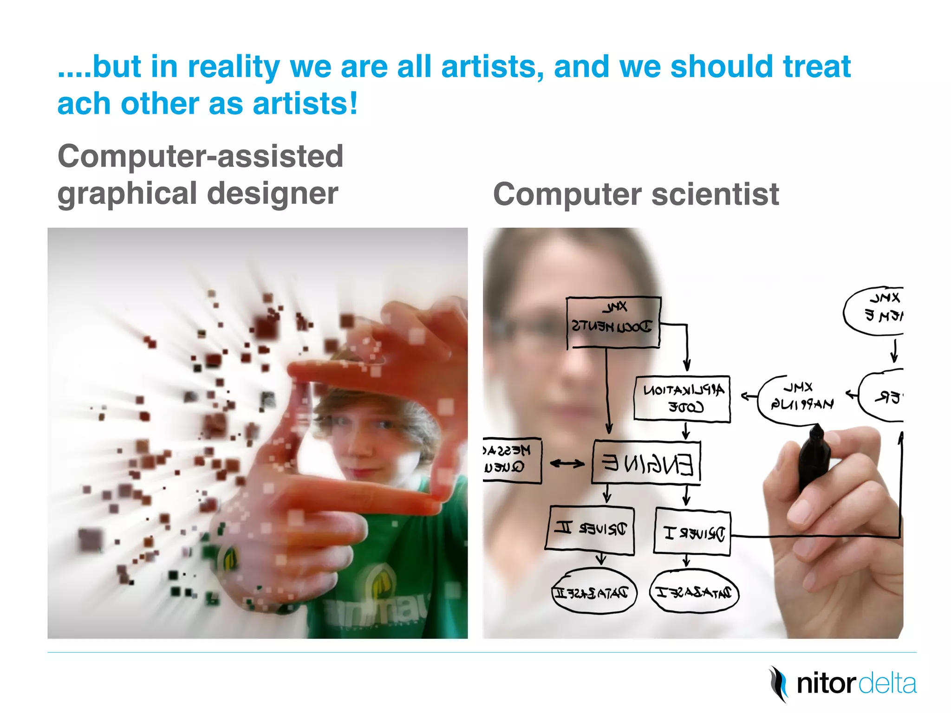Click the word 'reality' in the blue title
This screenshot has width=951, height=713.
click(x=234, y=67)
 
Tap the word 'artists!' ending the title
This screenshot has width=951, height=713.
click(x=305, y=104)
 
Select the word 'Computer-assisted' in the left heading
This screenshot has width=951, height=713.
click(x=200, y=156)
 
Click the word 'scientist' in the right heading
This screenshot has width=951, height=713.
click(x=715, y=194)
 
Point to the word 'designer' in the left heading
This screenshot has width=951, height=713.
click(x=273, y=194)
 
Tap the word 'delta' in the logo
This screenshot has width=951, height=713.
click(x=887, y=684)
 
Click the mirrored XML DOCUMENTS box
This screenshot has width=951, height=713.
click(x=613, y=323)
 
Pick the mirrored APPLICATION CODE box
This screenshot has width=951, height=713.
click(x=682, y=399)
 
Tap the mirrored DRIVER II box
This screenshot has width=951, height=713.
click(x=590, y=530)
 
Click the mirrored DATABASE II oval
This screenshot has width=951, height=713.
click(x=594, y=592)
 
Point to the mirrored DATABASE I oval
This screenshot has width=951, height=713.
click(x=693, y=592)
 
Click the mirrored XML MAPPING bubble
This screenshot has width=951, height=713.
click(x=801, y=397)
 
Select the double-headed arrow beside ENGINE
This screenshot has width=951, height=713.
click(x=567, y=463)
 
